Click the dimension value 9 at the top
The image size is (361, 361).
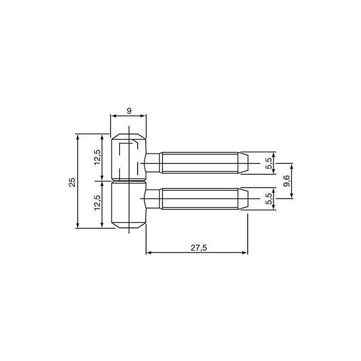[x=129, y=110]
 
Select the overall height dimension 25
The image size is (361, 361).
[x=72, y=181]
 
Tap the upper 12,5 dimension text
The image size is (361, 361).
[x=97, y=157]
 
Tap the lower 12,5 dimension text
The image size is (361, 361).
[x=97, y=204]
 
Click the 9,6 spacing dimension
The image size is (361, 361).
[x=286, y=180]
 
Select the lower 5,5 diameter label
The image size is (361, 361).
[x=269, y=199]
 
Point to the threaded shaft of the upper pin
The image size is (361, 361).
[x=199, y=162]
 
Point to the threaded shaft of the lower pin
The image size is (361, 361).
[x=199, y=199]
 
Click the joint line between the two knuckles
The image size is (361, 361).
[x=129, y=181]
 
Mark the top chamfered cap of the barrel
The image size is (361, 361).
[x=129, y=136]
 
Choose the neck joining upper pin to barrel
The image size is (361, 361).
[x=153, y=162]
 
